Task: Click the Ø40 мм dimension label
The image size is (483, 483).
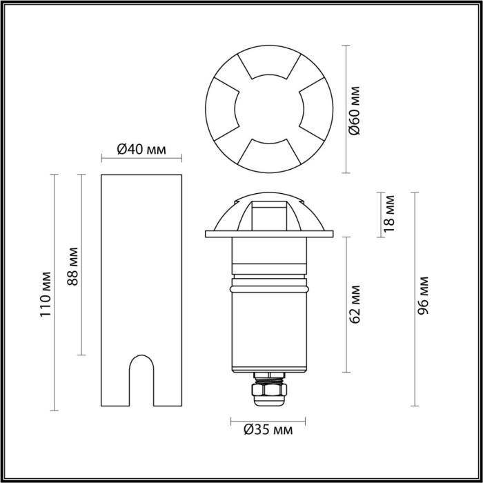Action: [x=141, y=148]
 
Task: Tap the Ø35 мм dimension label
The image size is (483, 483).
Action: [x=268, y=431]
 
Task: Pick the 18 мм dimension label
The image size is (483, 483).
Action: [x=390, y=212]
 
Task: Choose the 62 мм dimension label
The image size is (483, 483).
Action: [x=355, y=304]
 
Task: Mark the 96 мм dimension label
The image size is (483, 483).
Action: [x=424, y=295]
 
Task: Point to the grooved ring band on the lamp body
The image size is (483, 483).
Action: [x=268, y=283]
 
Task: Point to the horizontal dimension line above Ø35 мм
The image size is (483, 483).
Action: [x=268, y=418]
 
